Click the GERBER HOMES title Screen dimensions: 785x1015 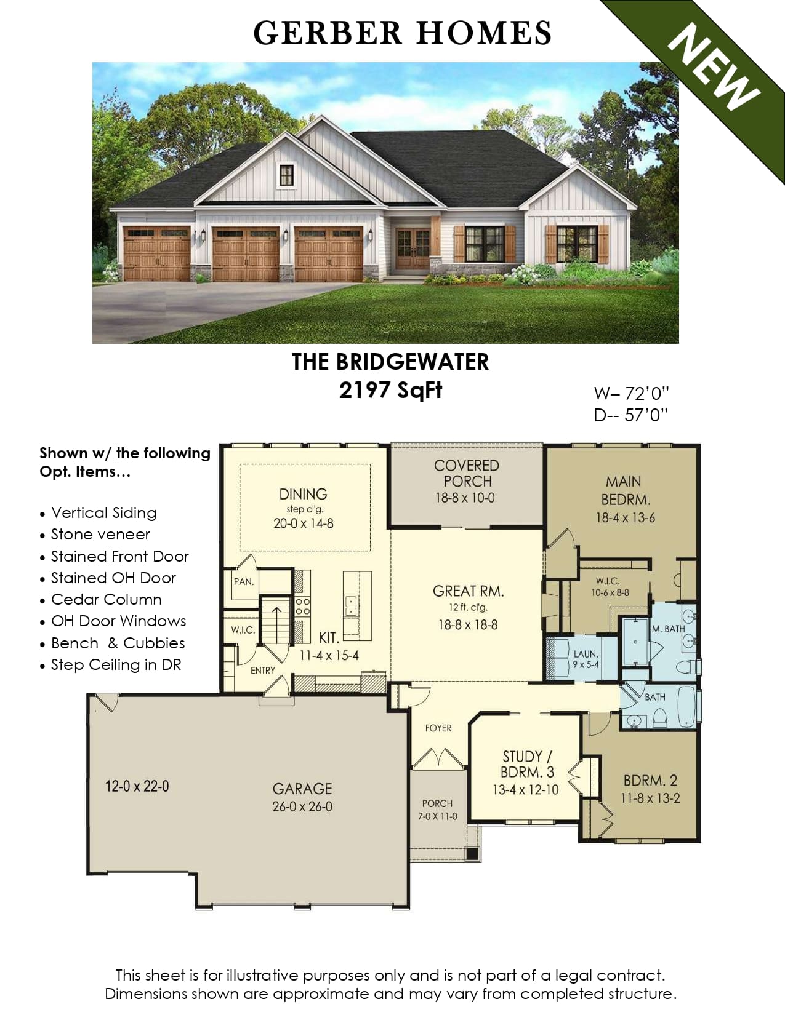tap(402, 33)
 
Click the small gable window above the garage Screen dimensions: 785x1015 tap(286, 175)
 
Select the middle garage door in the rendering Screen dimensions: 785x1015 tap(246, 253)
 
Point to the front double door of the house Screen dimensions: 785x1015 tap(413, 249)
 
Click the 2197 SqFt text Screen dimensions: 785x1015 tap(390, 390)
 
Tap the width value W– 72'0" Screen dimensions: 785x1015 tap(631, 393)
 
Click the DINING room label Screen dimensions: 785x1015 tap(303, 494)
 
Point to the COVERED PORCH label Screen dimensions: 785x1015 tap(467, 472)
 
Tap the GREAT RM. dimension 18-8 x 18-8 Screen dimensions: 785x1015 tap(468, 624)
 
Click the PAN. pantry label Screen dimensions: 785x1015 tap(244, 581)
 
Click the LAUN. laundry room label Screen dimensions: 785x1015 tap(586, 653)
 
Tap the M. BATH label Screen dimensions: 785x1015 tap(668, 629)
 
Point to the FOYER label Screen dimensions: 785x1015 tap(438, 728)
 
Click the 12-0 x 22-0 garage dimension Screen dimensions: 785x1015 tap(137, 786)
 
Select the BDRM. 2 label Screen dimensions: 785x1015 tap(650, 780)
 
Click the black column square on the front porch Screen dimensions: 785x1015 tap(473, 853)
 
